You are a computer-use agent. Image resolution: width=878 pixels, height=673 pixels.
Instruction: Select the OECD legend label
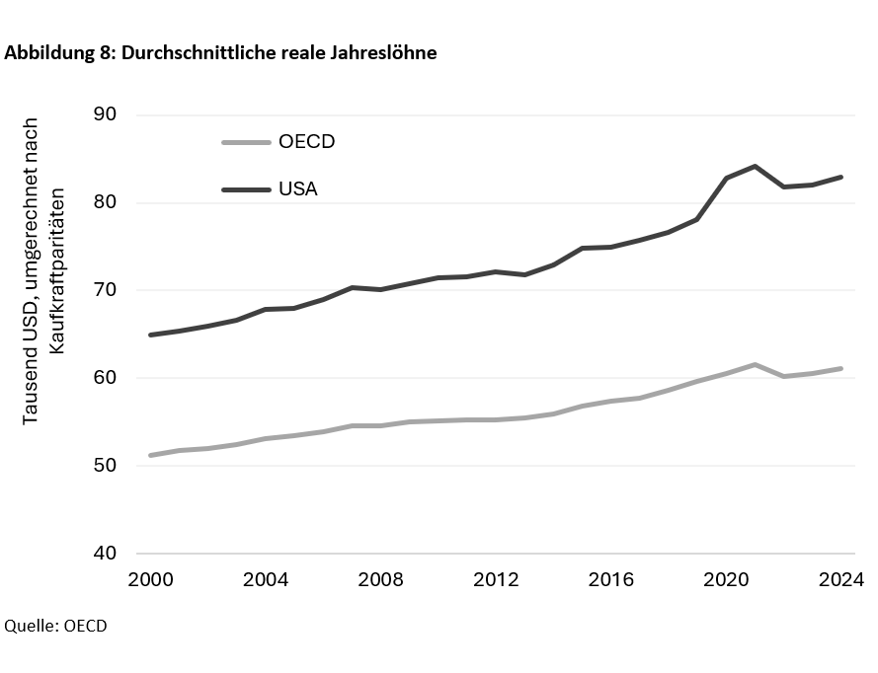tap(306, 141)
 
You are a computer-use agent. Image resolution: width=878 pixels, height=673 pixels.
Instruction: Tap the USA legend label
tap(297, 187)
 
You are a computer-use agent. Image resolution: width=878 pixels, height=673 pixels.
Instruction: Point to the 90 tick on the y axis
tap(106, 114)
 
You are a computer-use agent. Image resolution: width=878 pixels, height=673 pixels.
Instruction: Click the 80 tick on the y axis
tap(106, 202)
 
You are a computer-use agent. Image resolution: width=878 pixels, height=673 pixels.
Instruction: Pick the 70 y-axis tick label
tap(106, 290)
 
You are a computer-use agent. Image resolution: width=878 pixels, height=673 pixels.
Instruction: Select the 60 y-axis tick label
tap(106, 378)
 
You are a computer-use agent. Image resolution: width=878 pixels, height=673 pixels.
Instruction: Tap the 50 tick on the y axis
tap(106, 466)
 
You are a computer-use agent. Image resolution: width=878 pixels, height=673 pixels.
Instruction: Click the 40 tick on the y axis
tap(106, 554)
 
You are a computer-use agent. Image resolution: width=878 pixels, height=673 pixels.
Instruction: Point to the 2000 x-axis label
tap(149, 580)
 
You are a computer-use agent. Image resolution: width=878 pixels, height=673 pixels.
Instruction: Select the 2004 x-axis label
tap(265, 580)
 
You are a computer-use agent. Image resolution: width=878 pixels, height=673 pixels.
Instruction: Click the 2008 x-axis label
tap(380, 580)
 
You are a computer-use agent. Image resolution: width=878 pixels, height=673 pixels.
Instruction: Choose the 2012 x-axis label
tap(496, 580)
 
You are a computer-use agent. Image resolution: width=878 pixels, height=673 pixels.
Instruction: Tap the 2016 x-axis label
tap(611, 580)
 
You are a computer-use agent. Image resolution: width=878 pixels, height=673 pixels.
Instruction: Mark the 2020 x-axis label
tap(727, 580)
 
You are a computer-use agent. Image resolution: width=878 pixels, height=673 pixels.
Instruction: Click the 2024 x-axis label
tap(841, 580)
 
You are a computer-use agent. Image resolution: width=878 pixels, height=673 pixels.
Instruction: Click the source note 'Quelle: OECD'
tap(55, 627)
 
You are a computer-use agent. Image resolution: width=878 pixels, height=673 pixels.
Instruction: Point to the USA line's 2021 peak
tap(755, 166)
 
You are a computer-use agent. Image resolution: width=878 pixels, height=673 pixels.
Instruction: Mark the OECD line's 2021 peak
tap(755, 364)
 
